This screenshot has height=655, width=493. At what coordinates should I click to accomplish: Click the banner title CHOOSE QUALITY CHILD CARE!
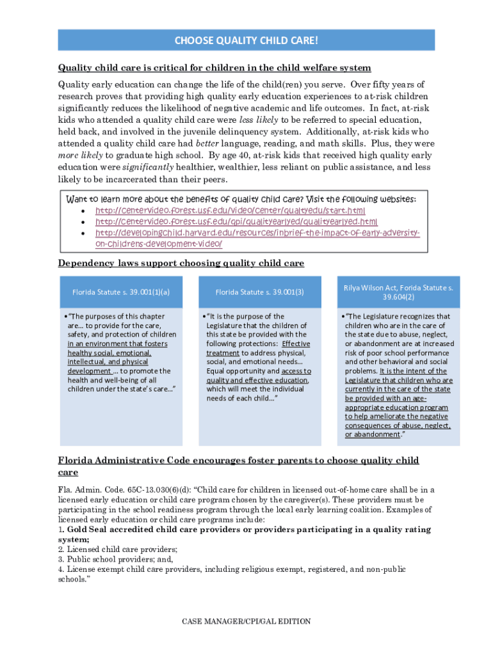pyautogui.click(x=246, y=41)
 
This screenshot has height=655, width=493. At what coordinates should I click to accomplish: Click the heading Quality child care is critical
pyautogui.click(x=214, y=68)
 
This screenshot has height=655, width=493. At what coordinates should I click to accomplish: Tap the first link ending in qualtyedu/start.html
pyautogui.click(x=230, y=210)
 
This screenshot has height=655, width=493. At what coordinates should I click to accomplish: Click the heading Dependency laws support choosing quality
pyautogui.click(x=181, y=264)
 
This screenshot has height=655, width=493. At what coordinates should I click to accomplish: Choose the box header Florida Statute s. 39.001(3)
pyautogui.click(x=259, y=292)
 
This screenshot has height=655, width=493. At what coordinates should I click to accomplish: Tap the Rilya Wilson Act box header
pyautogui.click(x=398, y=292)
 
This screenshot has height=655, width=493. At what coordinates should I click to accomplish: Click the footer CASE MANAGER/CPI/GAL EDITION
pyautogui.click(x=246, y=621)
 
